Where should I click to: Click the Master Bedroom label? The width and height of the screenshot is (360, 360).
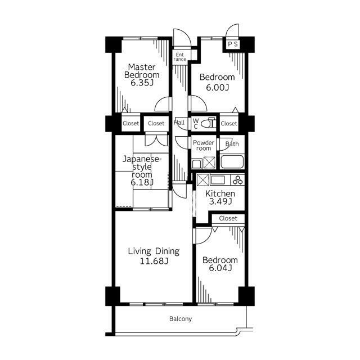click(142, 71)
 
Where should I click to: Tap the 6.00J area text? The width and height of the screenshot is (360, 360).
click(217, 88)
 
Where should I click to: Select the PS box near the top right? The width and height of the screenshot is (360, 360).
click(233, 44)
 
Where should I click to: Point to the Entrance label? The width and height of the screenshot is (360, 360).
click(180, 57)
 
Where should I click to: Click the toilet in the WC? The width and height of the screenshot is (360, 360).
click(209, 123)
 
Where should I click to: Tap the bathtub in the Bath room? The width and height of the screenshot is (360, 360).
click(232, 162)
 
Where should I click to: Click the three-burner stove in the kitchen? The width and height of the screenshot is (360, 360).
click(237, 180)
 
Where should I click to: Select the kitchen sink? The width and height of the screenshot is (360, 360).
click(218, 180)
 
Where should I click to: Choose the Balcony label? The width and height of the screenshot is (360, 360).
click(181, 319)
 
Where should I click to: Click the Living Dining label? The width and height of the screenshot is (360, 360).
click(154, 251)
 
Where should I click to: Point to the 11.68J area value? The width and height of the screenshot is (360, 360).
click(154, 261)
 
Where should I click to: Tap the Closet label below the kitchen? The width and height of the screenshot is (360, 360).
click(228, 218)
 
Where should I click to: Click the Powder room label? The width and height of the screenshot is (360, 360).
click(204, 146)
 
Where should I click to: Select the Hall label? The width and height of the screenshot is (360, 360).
click(179, 123)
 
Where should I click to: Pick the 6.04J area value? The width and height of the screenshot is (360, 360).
click(220, 268)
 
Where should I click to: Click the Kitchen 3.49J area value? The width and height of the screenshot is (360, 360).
click(220, 201)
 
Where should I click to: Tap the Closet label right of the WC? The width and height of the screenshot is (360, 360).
click(229, 124)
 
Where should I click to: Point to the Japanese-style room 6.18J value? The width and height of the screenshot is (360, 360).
click(142, 182)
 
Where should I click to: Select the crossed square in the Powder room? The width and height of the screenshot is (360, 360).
click(209, 163)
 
